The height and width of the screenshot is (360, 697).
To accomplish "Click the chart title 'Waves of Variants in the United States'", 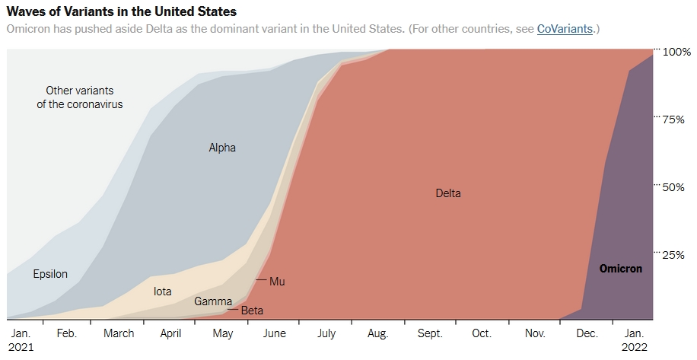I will coord(121,11).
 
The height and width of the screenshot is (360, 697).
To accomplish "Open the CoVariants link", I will coord(565,29).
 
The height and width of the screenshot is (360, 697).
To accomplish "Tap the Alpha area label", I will coord(222,148).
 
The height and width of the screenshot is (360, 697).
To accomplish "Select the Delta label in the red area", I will coord(448,193).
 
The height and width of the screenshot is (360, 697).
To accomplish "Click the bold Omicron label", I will coord(620,269).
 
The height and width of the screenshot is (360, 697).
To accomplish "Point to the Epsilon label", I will coord(50,274).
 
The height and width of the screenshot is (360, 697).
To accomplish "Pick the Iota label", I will coord(162,291).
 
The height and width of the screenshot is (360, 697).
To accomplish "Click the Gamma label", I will coord(213,301).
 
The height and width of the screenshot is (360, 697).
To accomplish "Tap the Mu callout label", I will coord(277,282).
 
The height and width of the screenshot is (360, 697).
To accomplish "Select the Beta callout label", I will coord(251,311).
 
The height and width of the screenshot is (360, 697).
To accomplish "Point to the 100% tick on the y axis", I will coord(676,52).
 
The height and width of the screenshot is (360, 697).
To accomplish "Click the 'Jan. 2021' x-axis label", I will coord(21,339).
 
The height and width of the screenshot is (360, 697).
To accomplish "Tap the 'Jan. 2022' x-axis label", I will coord(634,339).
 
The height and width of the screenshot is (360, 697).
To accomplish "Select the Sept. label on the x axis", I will coord(430,333).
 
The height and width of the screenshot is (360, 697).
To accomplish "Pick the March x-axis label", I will coord(119,333).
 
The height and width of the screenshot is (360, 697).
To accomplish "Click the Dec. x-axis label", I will coord(587,333).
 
